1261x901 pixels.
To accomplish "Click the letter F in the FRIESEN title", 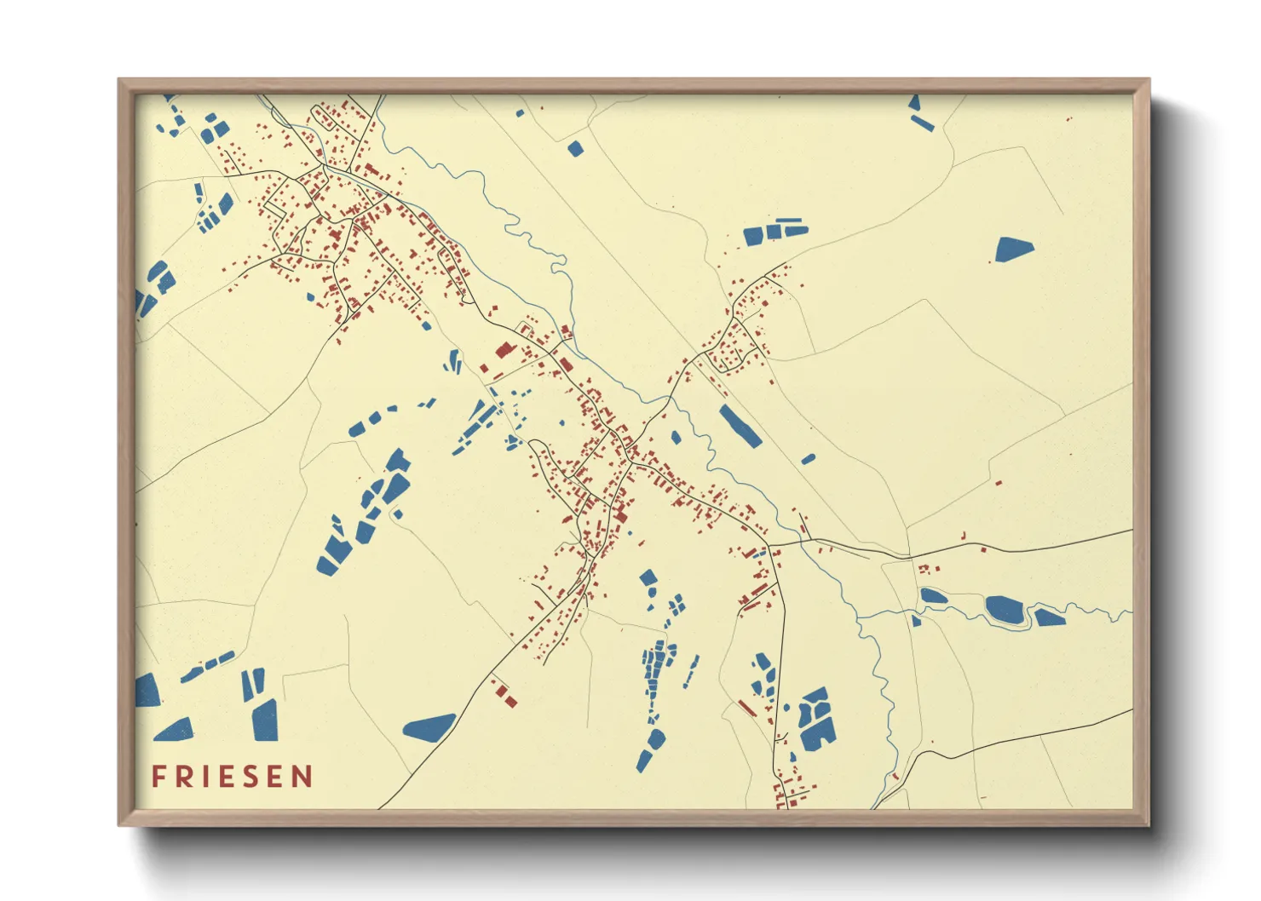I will point(158,777).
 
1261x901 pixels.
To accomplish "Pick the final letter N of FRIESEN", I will point(302,777).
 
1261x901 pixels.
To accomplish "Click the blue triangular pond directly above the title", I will point(175,730).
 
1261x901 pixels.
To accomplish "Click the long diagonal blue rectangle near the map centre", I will point(740,426).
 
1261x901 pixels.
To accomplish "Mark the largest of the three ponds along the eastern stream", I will point(1005,608).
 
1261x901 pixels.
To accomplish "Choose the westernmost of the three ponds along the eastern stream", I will point(933,596).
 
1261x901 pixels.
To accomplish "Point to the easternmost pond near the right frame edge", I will point(1049,617).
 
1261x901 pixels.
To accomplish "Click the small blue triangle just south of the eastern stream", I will point(916,622).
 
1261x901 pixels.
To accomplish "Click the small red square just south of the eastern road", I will point(983,550).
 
